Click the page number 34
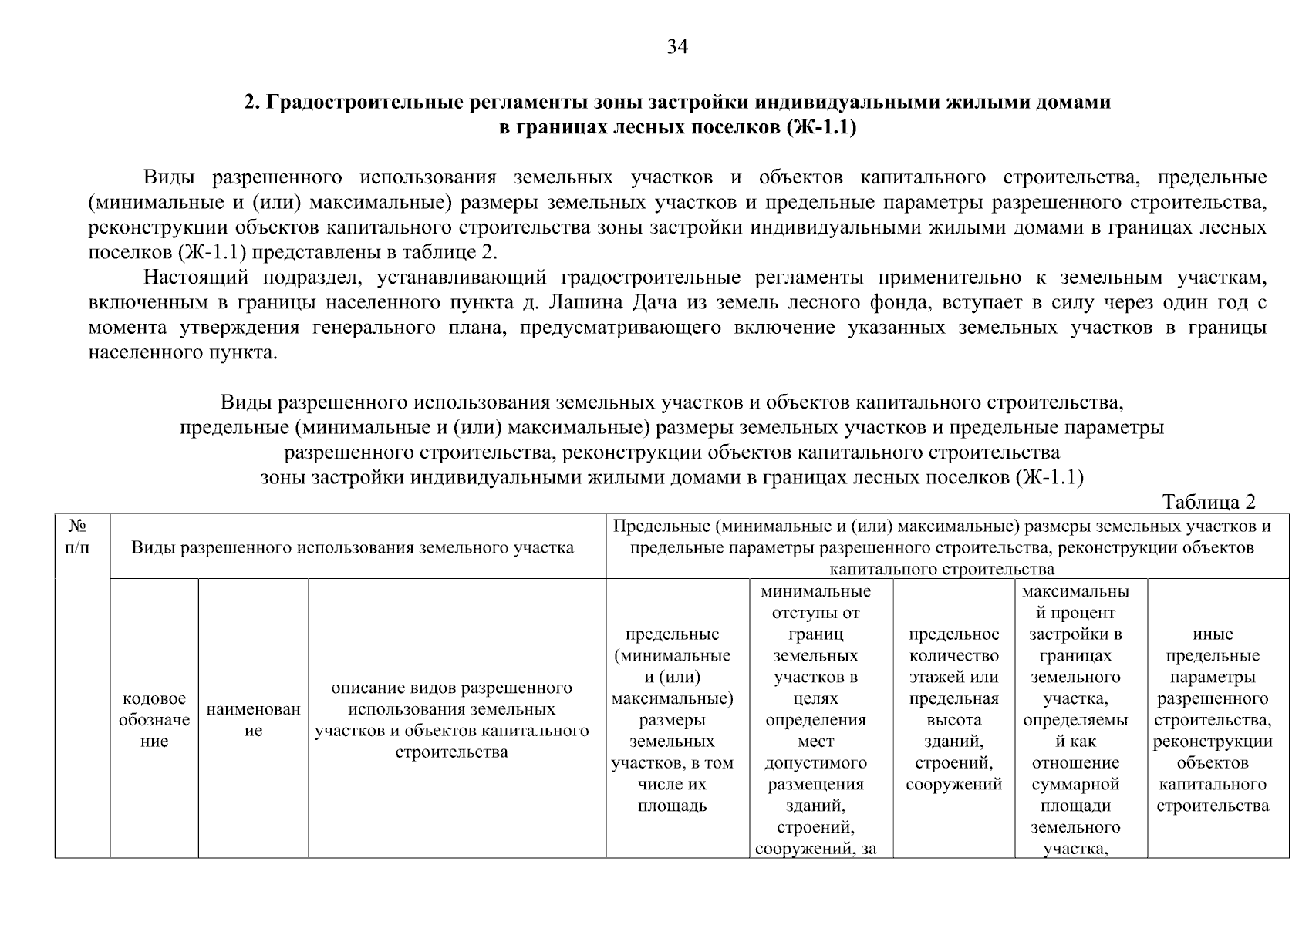click(676, 47)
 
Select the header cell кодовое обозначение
click(154, 720)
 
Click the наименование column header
click(253, 720)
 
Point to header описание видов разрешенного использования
click(452, 719)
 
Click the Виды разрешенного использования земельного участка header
click(353, 547)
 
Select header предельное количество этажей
click(953, 709)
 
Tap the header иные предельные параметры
click(1213, 720)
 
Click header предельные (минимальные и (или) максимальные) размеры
click(672, 720)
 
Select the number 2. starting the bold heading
click(253, 102)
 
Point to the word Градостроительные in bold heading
click(356, 102)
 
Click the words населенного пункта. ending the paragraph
click(182, 353)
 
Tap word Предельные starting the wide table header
click(660, 526)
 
